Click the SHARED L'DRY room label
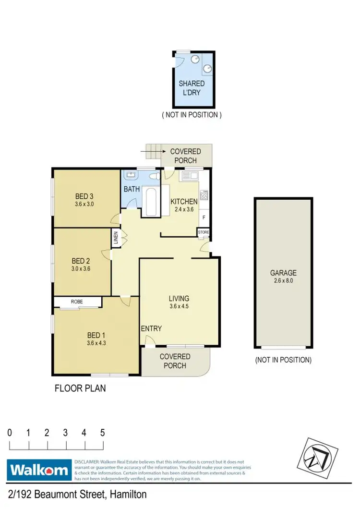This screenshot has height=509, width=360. coord(192,87)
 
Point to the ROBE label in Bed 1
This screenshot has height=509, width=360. coord(77,302)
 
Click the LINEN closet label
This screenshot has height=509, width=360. coord(116,239)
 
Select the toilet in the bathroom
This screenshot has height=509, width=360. coord(154,176)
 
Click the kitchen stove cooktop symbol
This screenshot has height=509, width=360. coord(204,195)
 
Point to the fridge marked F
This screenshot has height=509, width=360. coord(204,218)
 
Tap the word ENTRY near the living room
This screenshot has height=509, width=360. coord(151,328)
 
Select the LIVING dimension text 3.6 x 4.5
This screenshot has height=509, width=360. coord(179,307)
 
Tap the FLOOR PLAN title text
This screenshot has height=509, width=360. coord(80,388)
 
